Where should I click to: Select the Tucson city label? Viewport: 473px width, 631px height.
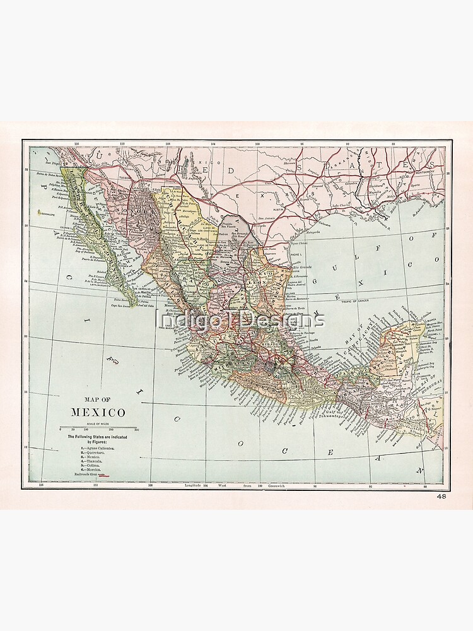click(124, 177)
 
